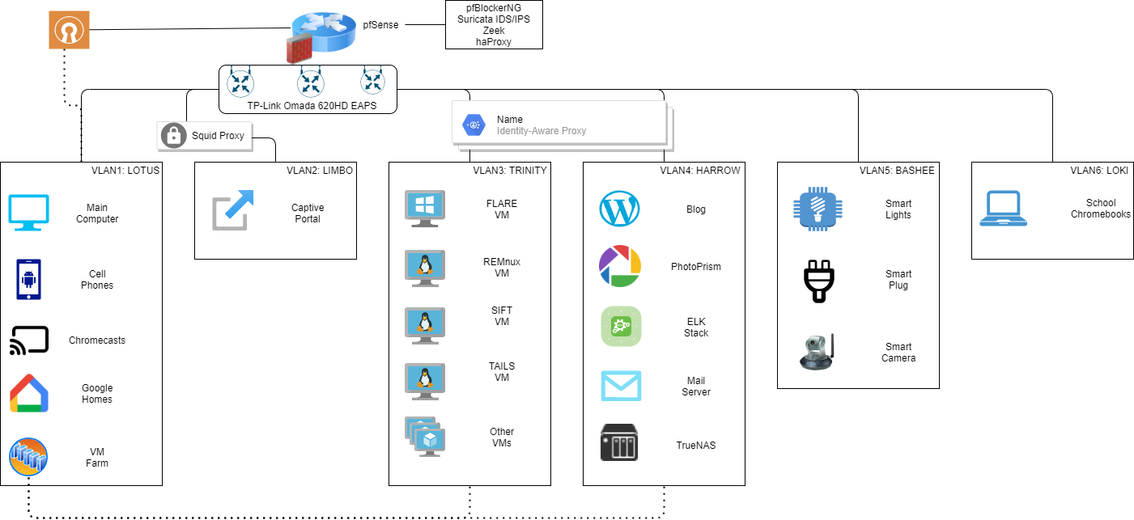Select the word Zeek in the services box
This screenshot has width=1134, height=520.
pyautogui.click(x=493, y=31)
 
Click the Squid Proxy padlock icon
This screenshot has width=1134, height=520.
pyautogui.click(x=173, y=136)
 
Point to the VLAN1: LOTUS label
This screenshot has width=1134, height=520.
pyautogui.click(x=125, y=171)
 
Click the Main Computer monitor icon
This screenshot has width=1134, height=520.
pyautogui.click(x=29, y=213)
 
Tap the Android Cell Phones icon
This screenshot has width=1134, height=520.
pyautogui.click(x=29, y=279)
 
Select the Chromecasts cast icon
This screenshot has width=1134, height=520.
pyautogui.click(x=29, y=340)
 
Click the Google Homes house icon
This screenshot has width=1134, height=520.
pyautogui.click(x=29, y=394)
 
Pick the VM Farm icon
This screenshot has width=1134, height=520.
pyautogui.click(x=29, y=456)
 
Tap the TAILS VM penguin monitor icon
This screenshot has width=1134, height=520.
pyautogui.click(x=424, y=380)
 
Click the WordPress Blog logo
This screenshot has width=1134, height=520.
pyautogui.click(x=619, y=209)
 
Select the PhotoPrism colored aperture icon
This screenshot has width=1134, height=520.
pyautogui.click(x=619, y=266)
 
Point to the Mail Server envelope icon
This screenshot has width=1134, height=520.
pyautogui.click(x=621, y=386)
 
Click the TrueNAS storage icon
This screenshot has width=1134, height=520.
pyautogui.click(x=619, y=443)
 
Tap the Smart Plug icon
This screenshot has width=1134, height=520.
pyautogui.click(x=818, y=280)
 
